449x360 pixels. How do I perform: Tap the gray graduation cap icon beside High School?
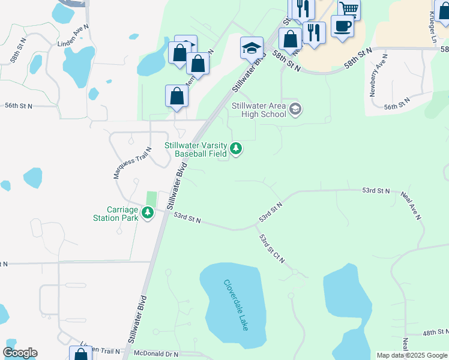(x=295, y=109)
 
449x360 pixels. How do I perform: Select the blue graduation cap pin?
(x=252, y=49)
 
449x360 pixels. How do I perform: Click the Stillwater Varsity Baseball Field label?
(x=196, y=149)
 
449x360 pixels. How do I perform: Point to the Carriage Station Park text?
(x=123, y=214)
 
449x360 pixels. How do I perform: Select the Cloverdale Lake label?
(x=236, y=305)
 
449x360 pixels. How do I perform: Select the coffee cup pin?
(x=342, y=26)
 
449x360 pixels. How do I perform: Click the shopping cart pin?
(x=349, y=8)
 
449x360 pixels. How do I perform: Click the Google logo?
(x=20, y=353)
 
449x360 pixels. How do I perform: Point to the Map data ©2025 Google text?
(x=411, y=355)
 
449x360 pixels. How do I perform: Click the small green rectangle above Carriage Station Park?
(x=151, y=197)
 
